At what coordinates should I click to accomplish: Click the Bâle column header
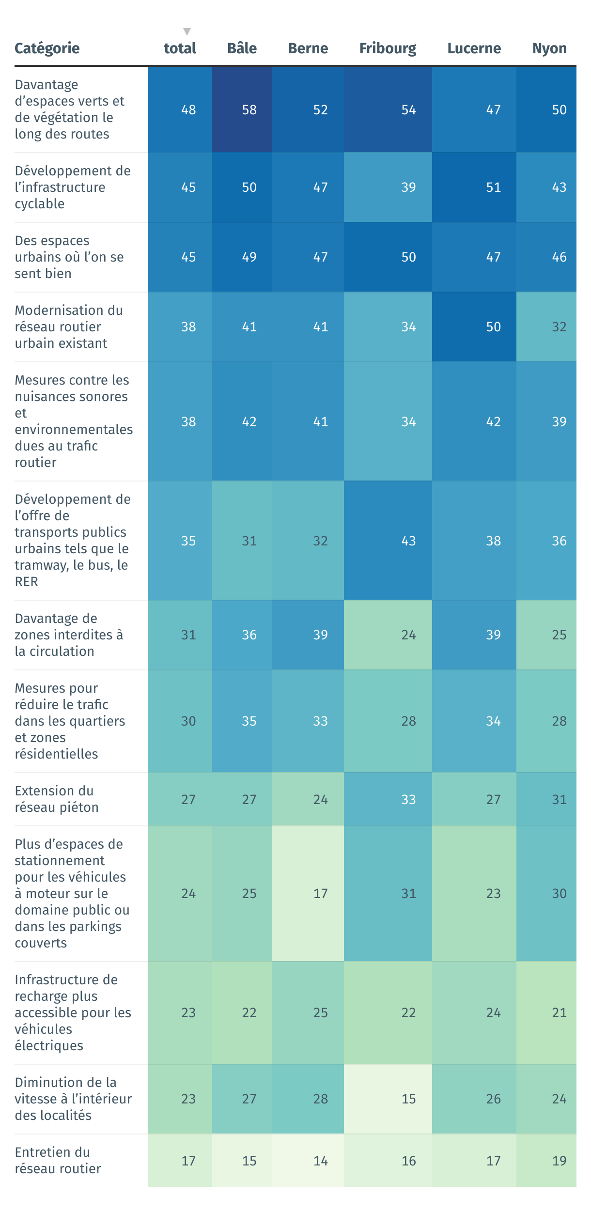(242, 48)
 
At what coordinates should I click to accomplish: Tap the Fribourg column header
(388, 48)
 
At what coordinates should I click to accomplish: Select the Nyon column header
(549, 48)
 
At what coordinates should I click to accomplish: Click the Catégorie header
(47, 48)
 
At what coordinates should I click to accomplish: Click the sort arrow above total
(187, 32)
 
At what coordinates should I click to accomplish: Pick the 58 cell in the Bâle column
(249, 110)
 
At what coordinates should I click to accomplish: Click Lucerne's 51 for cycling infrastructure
(493, 187)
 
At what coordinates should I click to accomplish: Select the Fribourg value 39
(408, 187)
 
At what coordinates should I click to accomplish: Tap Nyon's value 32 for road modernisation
(559, 327)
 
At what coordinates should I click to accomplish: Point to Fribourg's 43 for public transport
(408, 541)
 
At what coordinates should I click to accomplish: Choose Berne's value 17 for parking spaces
(320, 894)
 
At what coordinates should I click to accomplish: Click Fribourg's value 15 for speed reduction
(408, 1099)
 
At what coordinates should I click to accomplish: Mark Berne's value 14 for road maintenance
(320, 1161)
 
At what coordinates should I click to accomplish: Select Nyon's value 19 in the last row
(559, 1161)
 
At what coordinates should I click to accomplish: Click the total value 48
(188, 110)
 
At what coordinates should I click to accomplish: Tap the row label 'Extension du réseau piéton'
(57, 799)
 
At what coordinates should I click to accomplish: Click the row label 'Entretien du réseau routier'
(58, 1161)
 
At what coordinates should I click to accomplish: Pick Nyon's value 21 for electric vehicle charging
(559, 1013)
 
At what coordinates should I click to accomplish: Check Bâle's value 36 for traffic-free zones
(249, 635)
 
